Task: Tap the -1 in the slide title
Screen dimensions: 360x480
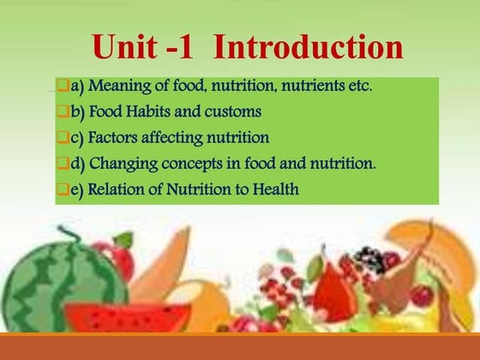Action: [x=183, y=47]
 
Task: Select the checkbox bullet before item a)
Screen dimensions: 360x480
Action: [x=62, y=86]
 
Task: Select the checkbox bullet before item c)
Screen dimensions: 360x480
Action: [x=62, y=137]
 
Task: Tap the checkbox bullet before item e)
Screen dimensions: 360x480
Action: [x=62, y=189]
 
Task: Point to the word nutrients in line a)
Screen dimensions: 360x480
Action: [x=311, y=86]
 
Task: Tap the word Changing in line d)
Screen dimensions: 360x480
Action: [x=121, y=164]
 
